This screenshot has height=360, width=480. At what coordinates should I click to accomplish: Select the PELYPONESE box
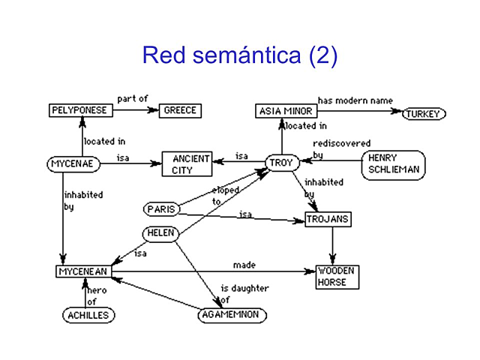coord(81,111)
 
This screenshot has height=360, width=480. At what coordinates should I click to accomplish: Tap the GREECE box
coord(181,111)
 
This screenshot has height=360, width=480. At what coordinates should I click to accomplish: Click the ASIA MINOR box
coord(284,112)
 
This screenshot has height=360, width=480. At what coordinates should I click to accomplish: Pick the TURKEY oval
coord(424,114)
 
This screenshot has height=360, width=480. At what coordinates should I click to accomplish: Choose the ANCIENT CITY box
coord(187,165)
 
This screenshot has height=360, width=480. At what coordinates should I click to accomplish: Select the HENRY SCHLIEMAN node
coord(393,164)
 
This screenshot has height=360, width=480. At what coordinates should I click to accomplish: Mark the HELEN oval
coord(160,233)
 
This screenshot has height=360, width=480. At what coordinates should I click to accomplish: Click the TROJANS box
coord(328,220)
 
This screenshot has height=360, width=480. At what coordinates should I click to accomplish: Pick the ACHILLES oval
coord(88,316)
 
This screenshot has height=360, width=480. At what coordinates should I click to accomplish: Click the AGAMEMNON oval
coord(232,315)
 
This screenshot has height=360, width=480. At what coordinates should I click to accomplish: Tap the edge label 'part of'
coord(133,98)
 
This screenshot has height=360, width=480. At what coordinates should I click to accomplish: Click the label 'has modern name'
coord(355,100)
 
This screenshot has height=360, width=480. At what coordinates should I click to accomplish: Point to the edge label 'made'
coord(244,265)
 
